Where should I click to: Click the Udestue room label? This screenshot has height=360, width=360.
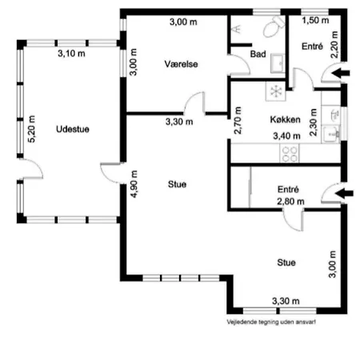[73, 130]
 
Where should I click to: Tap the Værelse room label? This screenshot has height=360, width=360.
[181, 64]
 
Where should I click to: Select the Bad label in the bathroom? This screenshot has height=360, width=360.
[258, 54]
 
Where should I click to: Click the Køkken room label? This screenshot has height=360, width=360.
[285, 119]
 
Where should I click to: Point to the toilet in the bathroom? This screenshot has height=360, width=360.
[274, 26]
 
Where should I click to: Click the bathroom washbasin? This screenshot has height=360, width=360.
[278, 63]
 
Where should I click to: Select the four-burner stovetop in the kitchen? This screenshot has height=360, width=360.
[290, 154]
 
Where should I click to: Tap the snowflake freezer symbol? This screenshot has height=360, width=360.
[276, 91]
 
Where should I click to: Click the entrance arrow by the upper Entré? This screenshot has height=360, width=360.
[341, 73]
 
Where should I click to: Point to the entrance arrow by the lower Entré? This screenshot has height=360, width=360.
[344, 193]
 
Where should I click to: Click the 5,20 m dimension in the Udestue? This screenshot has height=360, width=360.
[32, 129]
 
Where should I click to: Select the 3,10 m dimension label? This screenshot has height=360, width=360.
[71, 54]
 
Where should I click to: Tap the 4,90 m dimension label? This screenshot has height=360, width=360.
[134, 184]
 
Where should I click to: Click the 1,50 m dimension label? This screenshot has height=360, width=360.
[315, 20]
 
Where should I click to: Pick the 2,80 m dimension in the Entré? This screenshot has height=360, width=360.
[290, 202]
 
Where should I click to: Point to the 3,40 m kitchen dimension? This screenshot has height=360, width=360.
[286, 136]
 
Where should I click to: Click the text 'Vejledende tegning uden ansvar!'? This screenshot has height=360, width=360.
[271, 322]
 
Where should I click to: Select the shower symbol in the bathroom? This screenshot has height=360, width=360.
[237, 29]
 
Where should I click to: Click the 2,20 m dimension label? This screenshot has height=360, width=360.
[334, 45]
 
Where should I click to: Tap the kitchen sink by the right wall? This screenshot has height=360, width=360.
[331, 134]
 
